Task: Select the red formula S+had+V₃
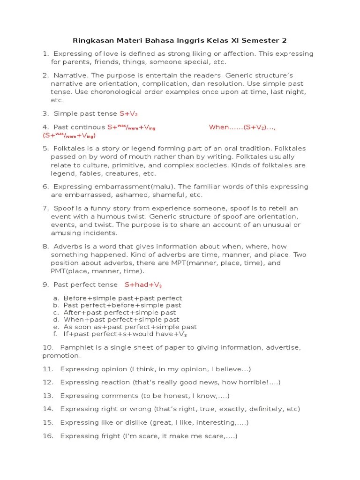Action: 143,285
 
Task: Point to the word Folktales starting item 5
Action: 71,148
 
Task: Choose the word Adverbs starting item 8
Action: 68,247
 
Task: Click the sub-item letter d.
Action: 56,320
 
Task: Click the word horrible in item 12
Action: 253,382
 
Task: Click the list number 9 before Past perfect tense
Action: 45,285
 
